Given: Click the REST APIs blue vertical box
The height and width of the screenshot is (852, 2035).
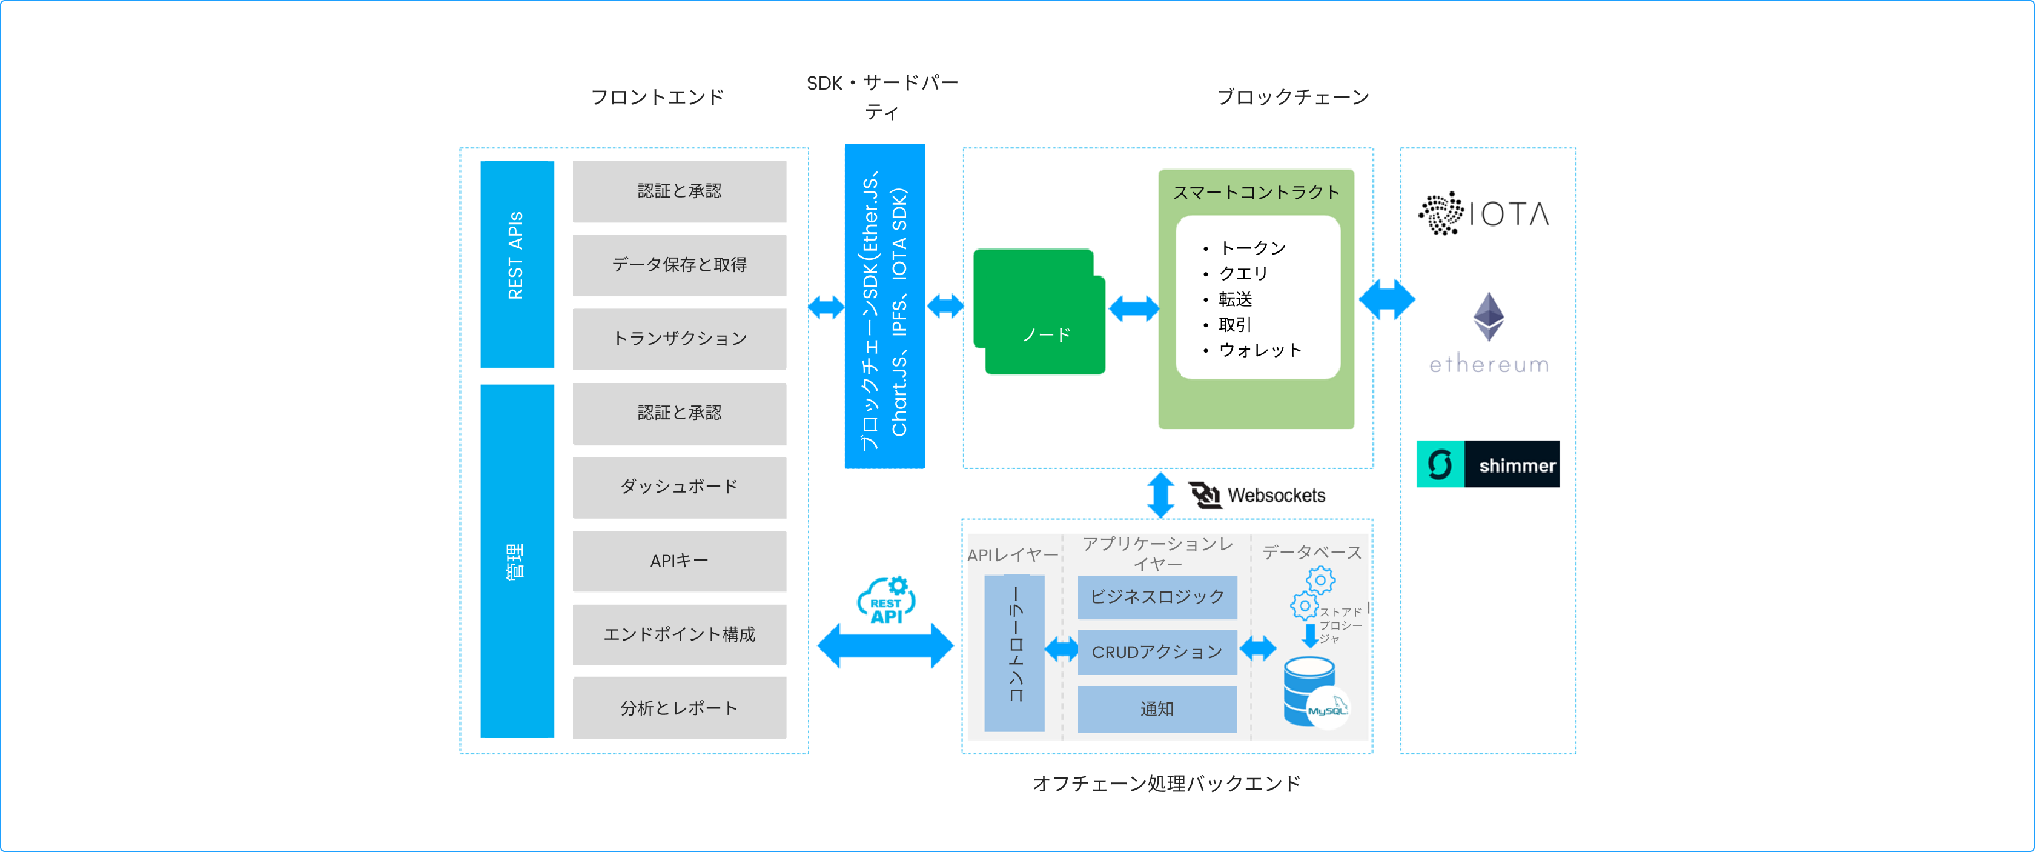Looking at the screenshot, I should coord(517,264).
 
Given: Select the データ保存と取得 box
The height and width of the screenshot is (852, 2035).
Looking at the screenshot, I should coord(680,265).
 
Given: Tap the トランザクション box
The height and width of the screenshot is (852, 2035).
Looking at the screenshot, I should coord(680,338).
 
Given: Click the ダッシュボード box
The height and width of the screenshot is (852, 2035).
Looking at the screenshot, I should coord(680,487).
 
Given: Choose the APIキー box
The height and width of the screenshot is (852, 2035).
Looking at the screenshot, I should coord(680,561).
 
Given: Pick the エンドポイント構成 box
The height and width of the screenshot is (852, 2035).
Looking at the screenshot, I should coord(680,634).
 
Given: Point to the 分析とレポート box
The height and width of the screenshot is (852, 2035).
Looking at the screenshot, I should coord(680,708).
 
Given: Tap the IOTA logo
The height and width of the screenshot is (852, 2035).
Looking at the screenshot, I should coord(1484,213).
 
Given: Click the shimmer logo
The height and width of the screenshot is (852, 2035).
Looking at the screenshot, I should coord(1488,465).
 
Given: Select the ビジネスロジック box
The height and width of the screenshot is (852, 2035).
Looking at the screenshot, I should coord(1157,597).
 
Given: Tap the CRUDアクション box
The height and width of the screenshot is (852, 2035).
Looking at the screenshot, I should coord(1157,652).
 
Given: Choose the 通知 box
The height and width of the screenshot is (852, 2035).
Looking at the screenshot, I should coord(1157,709).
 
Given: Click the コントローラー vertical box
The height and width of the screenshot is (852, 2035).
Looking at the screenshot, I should coord(1014,653).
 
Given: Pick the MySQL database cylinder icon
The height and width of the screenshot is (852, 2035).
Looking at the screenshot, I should coord(1311,691).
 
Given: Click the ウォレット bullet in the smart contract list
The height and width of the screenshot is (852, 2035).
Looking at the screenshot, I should coord(1259,350).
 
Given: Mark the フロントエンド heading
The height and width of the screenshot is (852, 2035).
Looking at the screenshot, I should coord(657,97).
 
